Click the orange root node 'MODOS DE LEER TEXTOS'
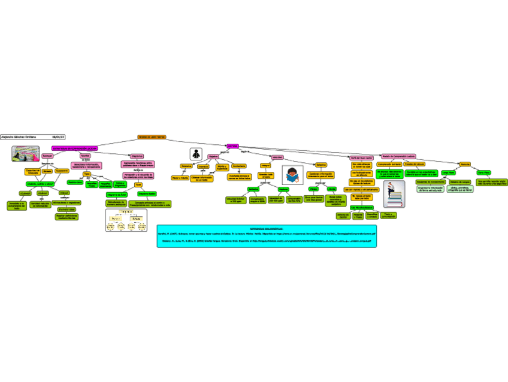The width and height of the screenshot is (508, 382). pyautogui.click(x=152, y=137)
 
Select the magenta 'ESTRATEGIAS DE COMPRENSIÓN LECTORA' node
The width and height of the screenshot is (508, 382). pyautogui.click(x=75, y=147)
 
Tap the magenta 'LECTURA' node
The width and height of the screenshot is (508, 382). pyautogui.click(x=232, y=146)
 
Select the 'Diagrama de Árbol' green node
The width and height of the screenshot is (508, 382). pyautogui.click(x=117, y=195)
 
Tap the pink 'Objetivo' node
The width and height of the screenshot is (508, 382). pyautogui.click(x=213, y=157)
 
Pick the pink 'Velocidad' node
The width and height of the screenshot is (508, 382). pyautogui.click(x=277, y=157)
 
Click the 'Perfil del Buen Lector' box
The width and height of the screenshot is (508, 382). pyautogui.click(x=361, y=157)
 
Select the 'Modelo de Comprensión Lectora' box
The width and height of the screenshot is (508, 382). pyautogui.click(x=398, y=157)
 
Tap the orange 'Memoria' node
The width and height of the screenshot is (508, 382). pyautogui.click(x=464, y=163)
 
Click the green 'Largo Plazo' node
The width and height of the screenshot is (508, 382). pyautogui.click(x=448, y=172)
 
